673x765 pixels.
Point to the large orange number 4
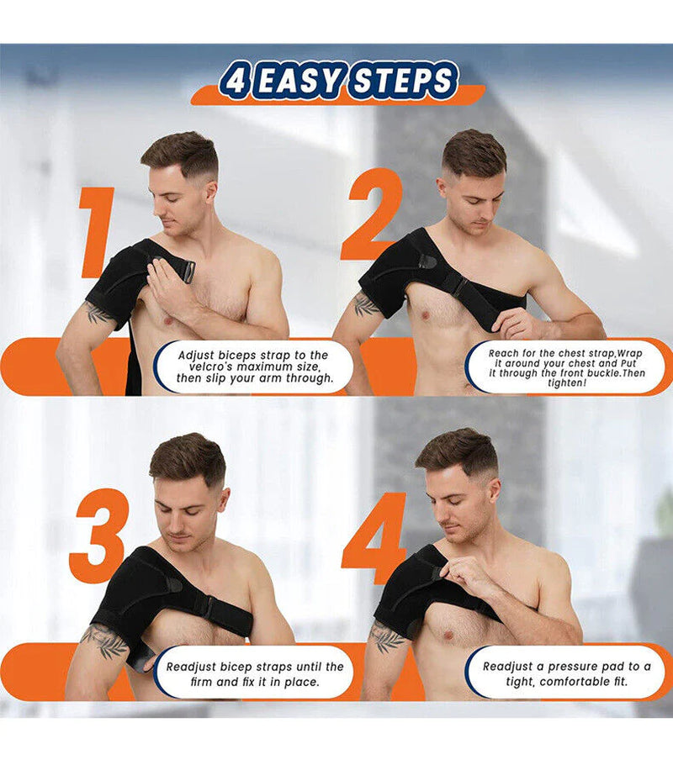point(375,538)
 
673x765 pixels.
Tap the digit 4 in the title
point(234,82)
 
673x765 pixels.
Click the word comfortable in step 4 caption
point(585,681)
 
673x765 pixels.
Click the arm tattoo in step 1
point(98,313)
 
